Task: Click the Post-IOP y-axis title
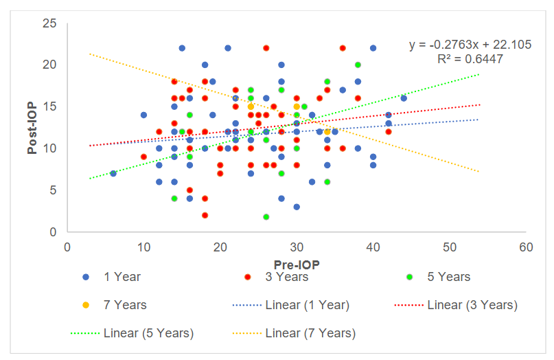point(32,128)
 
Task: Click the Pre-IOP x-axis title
point(295,264)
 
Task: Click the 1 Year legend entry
point(122,277)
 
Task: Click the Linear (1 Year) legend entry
point(308,305)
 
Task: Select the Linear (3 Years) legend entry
point(472,305)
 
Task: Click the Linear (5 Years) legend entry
point(148,333)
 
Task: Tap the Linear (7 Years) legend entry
point(310,333)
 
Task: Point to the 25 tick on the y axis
point(49,23)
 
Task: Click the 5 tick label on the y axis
point(53,190)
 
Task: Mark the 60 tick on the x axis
point(525,247)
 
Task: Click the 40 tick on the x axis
point(373,247)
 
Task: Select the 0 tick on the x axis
point(67,247)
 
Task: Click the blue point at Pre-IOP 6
point(113,173)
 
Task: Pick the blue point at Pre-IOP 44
point(404,98)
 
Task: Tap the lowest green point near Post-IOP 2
point(266,217)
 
